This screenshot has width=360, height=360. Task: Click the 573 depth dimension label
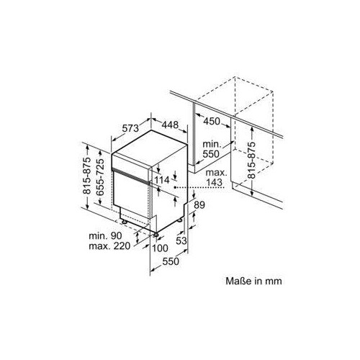coord(130,128)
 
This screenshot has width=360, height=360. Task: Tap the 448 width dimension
coord(170,125)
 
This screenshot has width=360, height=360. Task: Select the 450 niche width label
coord(212,121)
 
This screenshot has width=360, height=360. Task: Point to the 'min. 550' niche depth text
coord(211,149)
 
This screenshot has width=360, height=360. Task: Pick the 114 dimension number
coord(162,180)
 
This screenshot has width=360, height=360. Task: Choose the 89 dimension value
coord(199,205)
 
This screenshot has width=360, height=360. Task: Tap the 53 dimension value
coord(181,240)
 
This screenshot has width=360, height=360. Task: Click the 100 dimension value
coord(160,248)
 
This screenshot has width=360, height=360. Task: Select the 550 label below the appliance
coord(171,261)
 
